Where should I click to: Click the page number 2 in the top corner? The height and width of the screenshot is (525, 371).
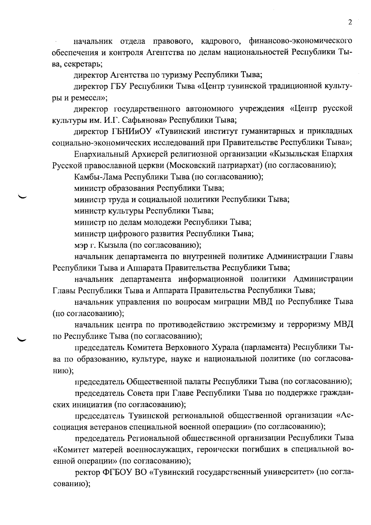point(350,22)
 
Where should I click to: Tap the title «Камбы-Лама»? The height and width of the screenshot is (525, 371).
point(97,177)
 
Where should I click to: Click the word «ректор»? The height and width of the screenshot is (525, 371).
point(87,472)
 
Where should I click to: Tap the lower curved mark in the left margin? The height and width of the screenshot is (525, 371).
point(23,339)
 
